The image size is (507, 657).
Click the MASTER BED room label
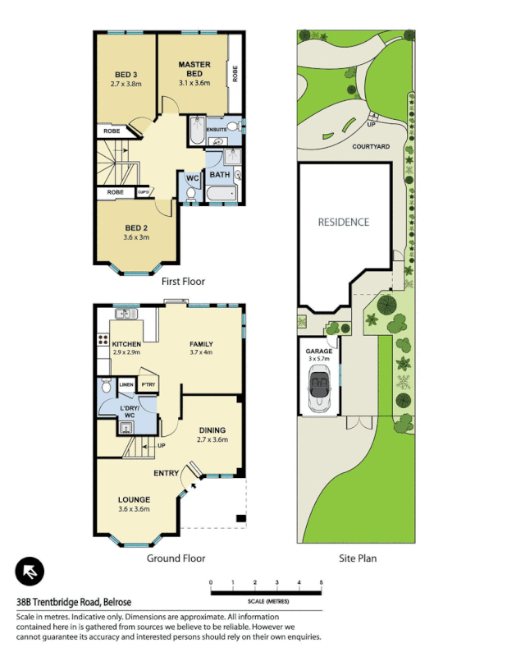tap(194, 69)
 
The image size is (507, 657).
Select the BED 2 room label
tap(136, 227)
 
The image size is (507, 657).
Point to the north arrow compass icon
tap(30, 571)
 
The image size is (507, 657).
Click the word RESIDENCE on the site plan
tap(344, 222)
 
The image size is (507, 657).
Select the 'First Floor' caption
tap(182, 281)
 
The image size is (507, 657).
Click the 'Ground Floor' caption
tap(176, 558)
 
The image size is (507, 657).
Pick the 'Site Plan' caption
tap(358, 558)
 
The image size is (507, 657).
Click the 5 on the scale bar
tap(321, 582)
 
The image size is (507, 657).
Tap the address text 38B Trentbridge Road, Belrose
tap(75, 601)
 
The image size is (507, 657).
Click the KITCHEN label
tap(126, 343)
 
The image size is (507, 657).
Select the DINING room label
tap(211, 430)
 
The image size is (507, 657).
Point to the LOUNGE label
tap(134, 498)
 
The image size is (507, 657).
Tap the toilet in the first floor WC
tap(191, 195)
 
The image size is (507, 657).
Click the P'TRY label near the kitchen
tap(148, 384)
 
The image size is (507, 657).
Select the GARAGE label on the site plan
tap(319, 351)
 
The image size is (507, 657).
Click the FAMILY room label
tap(201, 343)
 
